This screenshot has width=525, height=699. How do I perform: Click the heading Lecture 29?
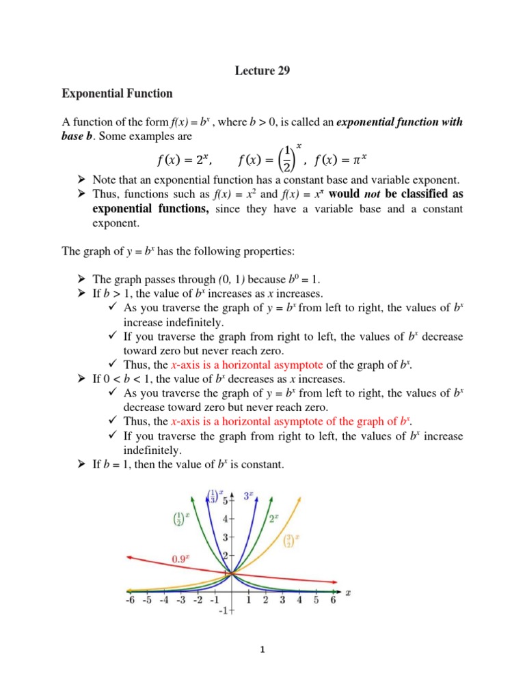tap(262, 70)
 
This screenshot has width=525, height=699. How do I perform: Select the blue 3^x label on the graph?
tap(250, 496)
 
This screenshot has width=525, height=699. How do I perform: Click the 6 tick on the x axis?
tap(333, 600)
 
